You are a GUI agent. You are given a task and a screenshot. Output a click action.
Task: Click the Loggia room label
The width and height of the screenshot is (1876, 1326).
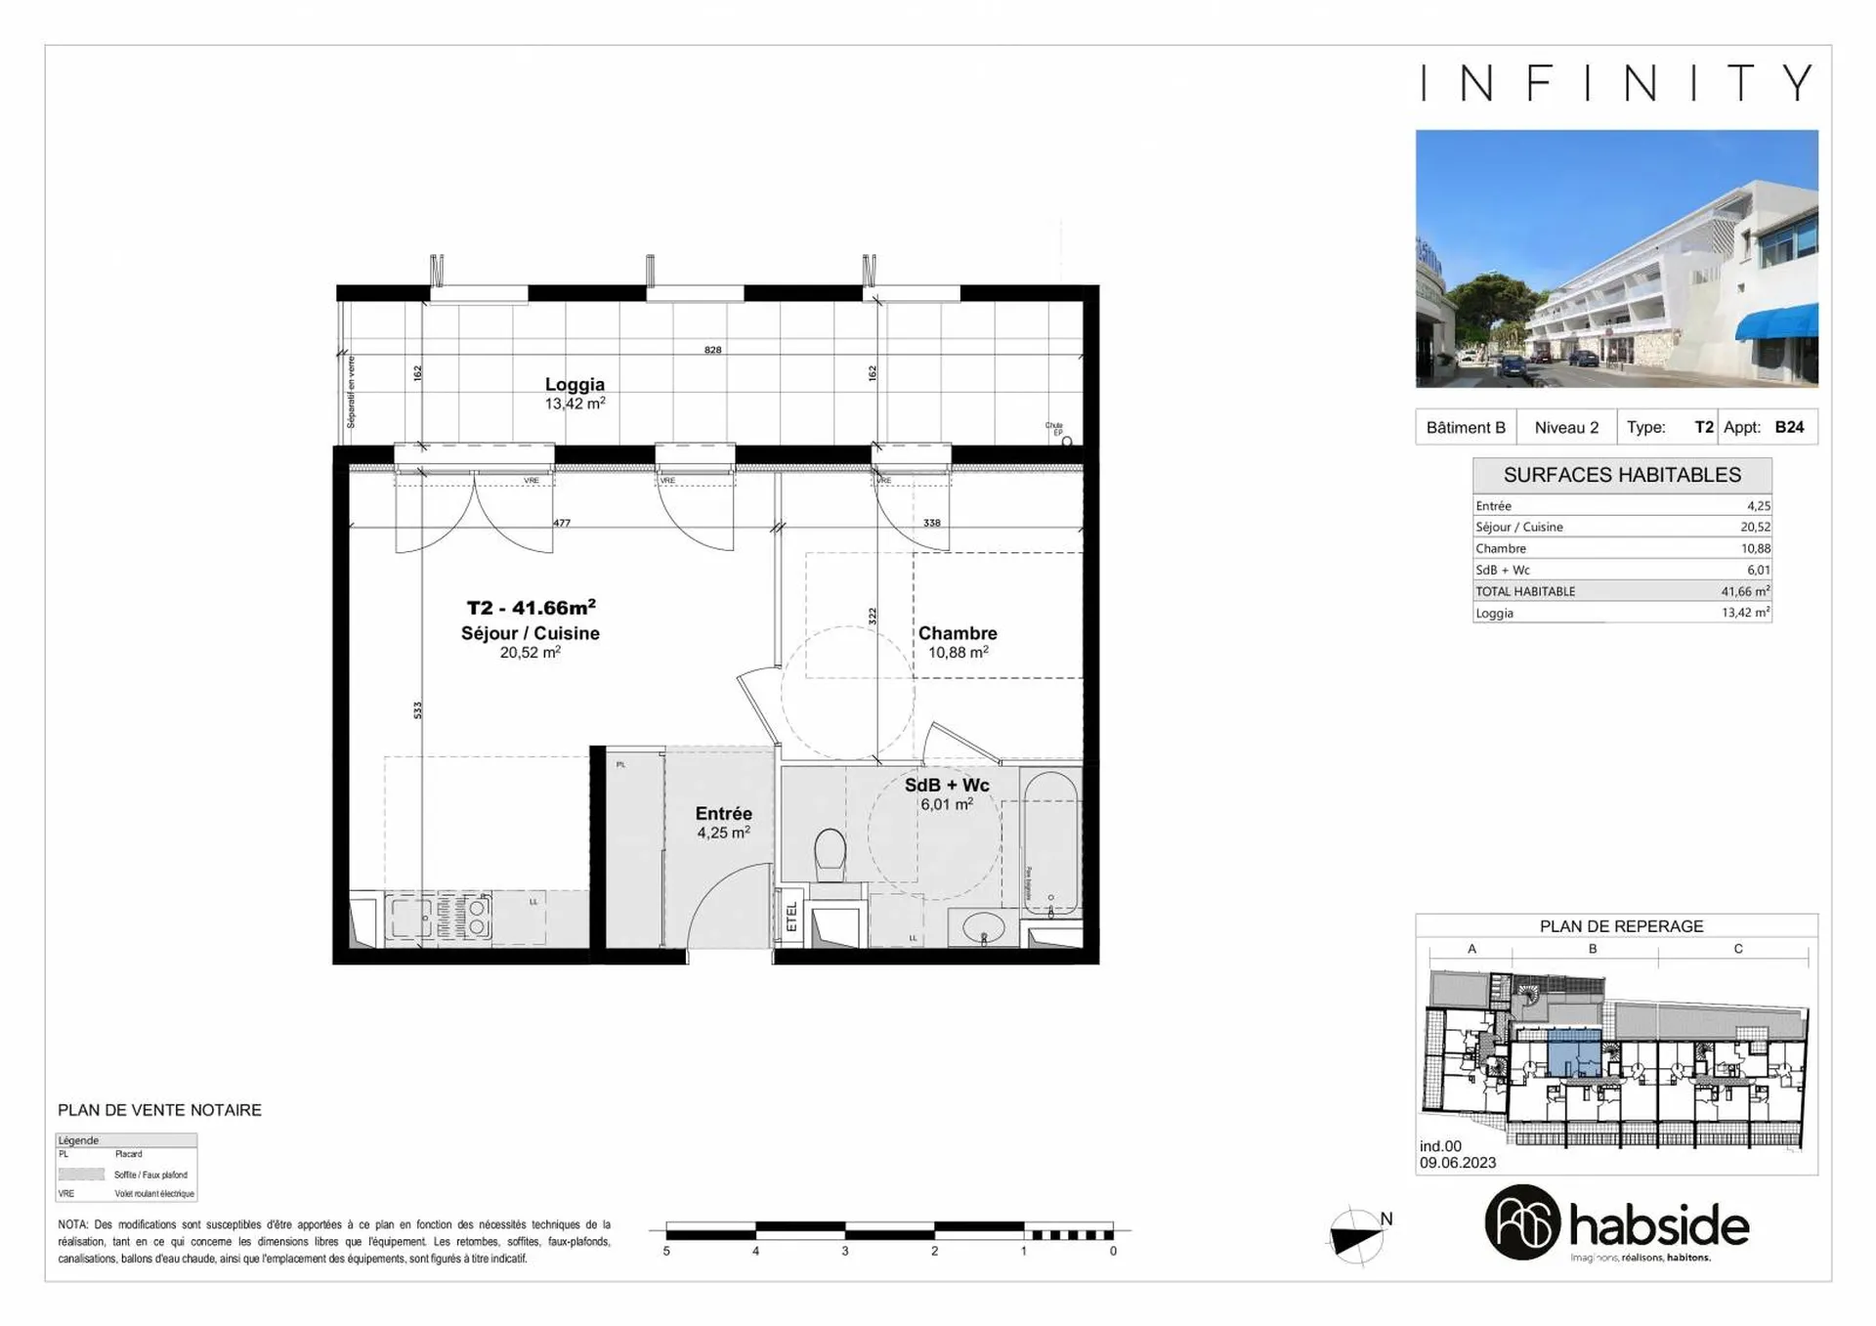[575, 385]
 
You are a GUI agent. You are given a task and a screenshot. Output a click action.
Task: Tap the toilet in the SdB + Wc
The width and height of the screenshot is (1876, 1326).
[830, 853]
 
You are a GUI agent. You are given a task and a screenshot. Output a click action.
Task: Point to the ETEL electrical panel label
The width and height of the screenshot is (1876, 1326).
[791, 917]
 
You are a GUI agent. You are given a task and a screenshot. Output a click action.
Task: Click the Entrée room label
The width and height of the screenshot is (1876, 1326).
[723, 814]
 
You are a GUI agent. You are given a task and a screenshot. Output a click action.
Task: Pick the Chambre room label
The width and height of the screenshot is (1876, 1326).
[958, 633]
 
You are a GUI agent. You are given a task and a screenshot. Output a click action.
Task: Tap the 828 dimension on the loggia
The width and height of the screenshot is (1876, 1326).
[713, 350]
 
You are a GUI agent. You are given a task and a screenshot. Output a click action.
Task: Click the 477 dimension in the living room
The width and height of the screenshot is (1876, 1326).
[562, 523]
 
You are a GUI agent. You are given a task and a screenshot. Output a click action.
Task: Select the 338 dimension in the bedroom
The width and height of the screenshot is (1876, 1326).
[932, 523]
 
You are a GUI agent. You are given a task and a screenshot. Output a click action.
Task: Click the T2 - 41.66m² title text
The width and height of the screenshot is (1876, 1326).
[531, 608]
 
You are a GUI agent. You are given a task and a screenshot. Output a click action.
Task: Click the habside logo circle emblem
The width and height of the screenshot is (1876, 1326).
[1522, 1222]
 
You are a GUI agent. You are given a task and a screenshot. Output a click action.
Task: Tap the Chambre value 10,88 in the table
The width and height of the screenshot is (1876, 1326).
[1755, 548]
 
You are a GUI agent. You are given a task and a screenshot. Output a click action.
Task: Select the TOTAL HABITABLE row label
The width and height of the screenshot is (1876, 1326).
[1525, 591]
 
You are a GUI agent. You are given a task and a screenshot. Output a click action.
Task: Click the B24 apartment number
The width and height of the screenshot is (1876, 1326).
[1789, 427]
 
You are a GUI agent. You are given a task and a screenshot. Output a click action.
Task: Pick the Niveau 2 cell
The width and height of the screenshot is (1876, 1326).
[1566, 427]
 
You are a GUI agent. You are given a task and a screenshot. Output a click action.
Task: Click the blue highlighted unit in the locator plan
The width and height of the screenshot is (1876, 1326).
[1573, 1053]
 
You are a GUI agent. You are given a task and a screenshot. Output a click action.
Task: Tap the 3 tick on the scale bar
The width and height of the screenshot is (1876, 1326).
[845, 1251]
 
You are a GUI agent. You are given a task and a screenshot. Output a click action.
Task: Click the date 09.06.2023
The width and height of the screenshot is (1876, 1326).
[1458, 1163]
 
